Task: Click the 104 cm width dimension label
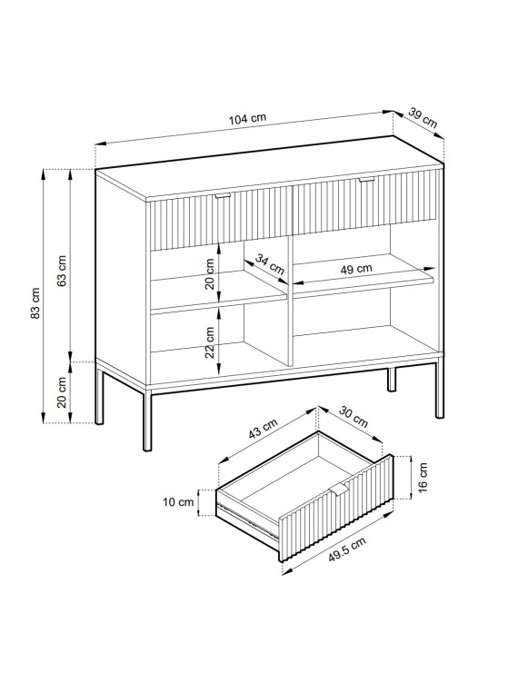coord(247,119)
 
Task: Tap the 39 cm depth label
coord(423,118)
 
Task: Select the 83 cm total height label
coord(35,303)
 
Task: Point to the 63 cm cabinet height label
coord(62,271)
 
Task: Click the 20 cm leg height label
coord(62,392)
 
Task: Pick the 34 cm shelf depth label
coord(270,264)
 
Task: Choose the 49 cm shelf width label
coord(356,269)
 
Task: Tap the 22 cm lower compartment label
coord(209,342)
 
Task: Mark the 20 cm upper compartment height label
coord(209,274)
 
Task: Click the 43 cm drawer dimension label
coord(263,429)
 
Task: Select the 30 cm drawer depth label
coord(354,417)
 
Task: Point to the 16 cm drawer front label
coord(423,478)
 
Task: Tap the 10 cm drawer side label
coord(178,501)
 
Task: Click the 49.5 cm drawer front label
coord(347,549)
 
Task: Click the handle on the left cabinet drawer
coord(223,195)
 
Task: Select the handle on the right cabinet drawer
coord(367,180)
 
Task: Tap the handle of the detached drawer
coord(339,490)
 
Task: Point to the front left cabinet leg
coord(147,420)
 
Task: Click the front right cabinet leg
coord(440,391)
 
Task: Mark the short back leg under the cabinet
coord(392,379)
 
